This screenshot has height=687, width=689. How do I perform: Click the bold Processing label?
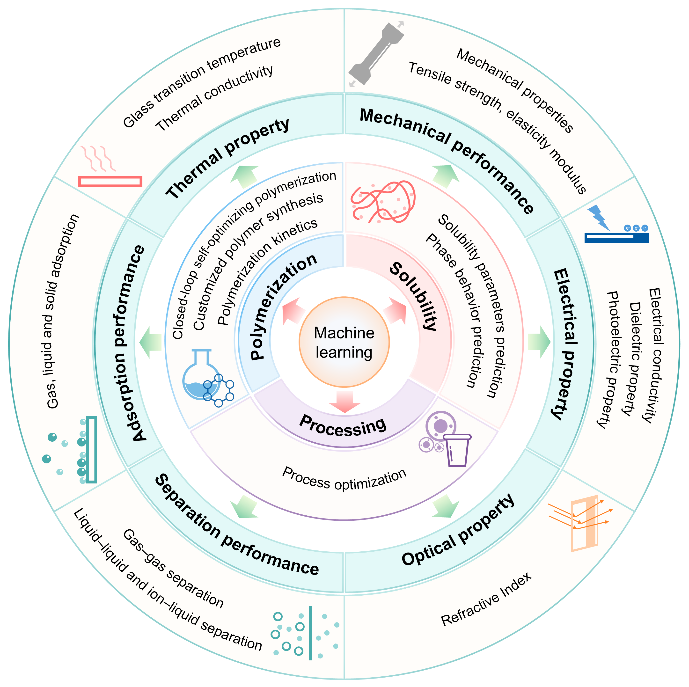[343, 426]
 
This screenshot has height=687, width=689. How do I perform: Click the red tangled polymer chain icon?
[383, 201]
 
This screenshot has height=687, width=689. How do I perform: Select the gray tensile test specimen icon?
[376, 53]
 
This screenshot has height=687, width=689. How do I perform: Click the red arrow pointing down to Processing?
[344, 401]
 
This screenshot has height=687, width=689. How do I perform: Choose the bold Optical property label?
[458, 531]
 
